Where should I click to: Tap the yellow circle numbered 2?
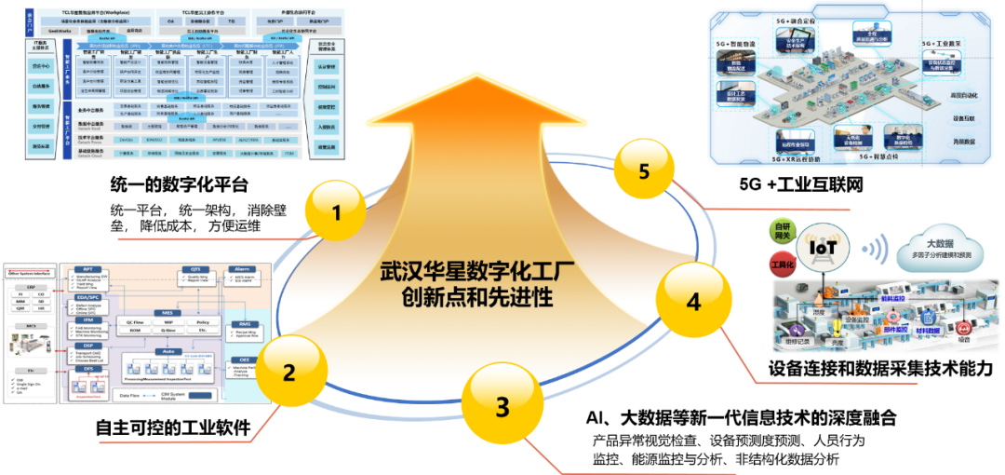pyautogui.click(x=289, y=373)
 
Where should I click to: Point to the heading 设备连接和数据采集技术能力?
pyautogui.click(x=880, y=369)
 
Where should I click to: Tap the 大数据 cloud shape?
pyautogui.click(x=934, y=244)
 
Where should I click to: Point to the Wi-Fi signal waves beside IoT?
pyautogui.click(x=874, y=249)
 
